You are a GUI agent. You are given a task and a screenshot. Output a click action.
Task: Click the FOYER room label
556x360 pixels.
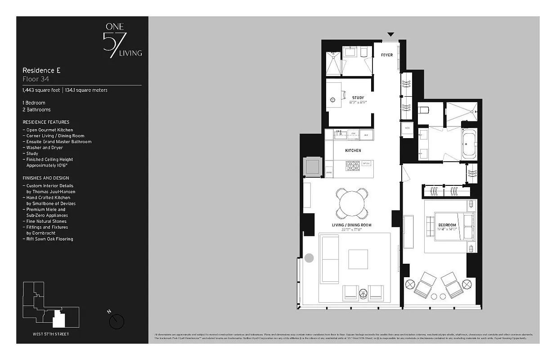coord(386,55)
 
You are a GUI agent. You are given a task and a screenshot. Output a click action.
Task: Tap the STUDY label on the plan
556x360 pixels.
coord(358,98)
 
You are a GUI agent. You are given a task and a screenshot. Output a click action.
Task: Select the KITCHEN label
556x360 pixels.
coord(353,150)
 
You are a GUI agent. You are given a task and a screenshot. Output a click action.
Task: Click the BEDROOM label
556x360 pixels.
coord(447,225)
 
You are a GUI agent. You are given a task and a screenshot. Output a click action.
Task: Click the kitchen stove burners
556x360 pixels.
coord(353,166)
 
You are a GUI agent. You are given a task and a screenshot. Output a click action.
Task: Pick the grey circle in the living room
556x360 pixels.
coord(309,258)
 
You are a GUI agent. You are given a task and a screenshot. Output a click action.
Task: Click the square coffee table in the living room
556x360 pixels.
coord(358,259)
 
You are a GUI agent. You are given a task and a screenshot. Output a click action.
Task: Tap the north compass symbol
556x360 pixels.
coord(117,321)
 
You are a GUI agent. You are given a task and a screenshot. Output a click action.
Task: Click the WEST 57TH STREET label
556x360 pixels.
coord(51,334)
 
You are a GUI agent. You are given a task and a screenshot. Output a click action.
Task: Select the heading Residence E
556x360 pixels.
coord(41,70)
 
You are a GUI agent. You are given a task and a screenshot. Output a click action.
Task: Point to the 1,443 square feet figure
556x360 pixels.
coord(41,90)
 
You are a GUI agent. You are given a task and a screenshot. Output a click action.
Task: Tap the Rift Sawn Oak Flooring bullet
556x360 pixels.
coord(49,239)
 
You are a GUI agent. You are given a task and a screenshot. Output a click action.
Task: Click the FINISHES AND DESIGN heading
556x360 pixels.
coord(46,178)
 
